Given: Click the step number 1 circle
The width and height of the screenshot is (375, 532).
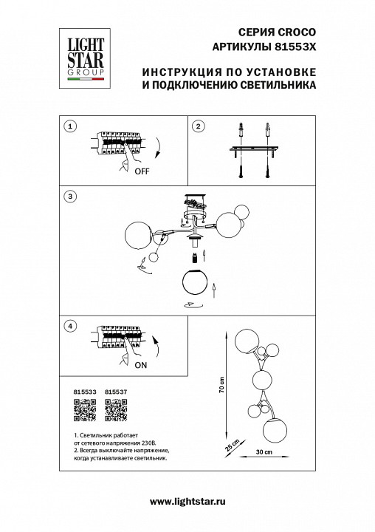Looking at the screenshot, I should (x=69, y=126).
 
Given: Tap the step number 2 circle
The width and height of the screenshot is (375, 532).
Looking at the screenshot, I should (x=198, y=126).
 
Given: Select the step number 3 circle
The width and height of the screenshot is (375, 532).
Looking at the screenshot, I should (x=69, y=197).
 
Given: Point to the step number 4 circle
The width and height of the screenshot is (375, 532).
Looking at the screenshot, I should (x=69, y=325).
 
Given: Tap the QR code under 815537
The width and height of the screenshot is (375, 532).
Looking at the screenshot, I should (x=117, y=406).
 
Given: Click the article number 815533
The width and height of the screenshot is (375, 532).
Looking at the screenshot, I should (x=86, y=392).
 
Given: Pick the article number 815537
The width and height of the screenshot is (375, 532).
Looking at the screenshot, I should (x=117, y=392).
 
